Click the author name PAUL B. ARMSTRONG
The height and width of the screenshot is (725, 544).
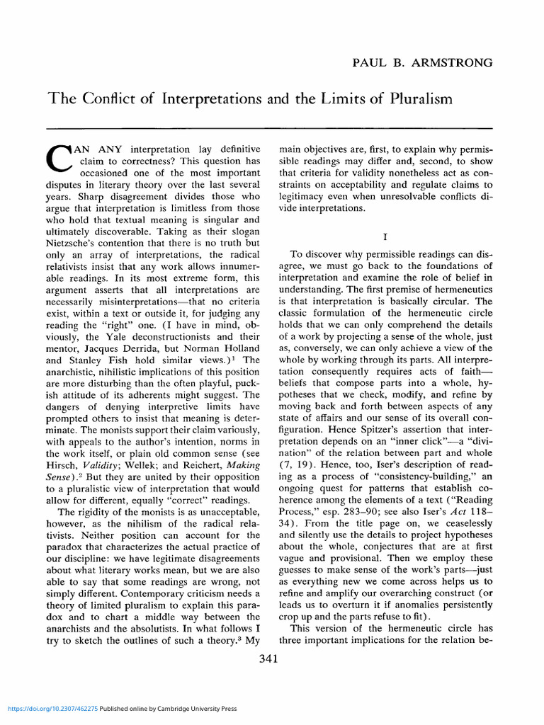pos(423,63)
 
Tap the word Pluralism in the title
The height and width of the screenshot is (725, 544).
pos(417,100)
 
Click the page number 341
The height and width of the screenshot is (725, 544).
pos(269,658)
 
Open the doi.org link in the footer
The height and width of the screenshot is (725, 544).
pos(50,709)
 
